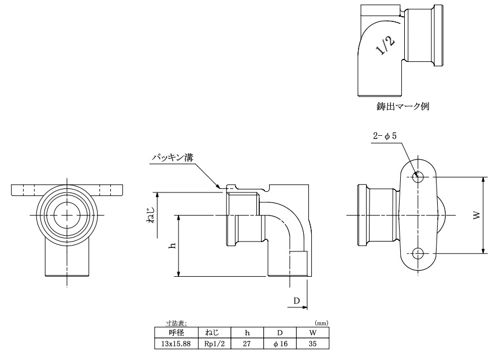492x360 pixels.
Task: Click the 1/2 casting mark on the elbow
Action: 386,46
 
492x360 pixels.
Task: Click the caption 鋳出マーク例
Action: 403,106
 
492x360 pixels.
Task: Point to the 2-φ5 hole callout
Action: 385,136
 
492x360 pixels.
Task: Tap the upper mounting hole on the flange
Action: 418,177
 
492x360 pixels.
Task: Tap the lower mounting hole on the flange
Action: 418,253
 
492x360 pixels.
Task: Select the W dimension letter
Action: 476,216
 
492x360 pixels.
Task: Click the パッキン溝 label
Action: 173,157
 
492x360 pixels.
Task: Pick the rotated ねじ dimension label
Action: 151,215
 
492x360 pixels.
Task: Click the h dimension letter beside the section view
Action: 172,246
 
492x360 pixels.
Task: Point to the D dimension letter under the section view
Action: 296,300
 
